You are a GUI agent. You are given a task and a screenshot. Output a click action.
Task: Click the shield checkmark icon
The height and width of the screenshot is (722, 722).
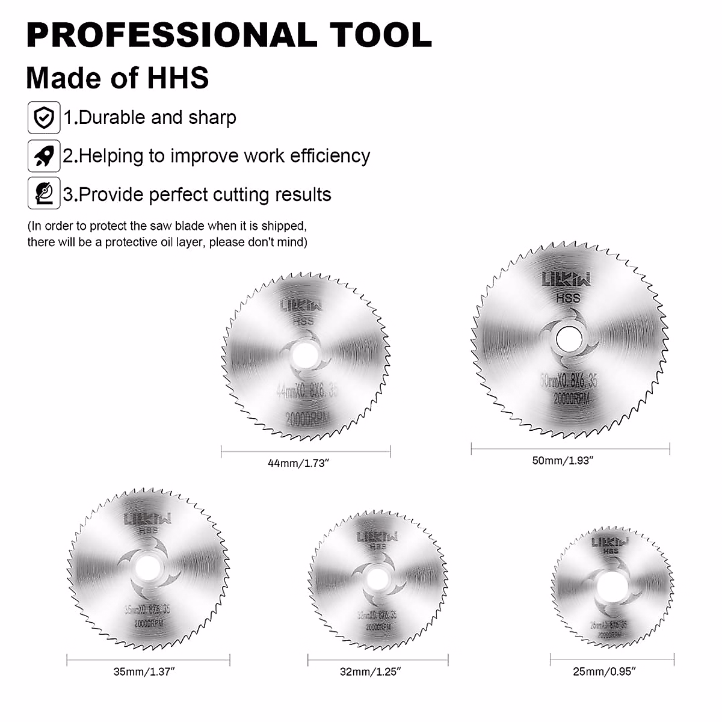44,117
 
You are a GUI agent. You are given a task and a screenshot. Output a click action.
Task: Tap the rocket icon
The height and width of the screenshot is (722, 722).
44,156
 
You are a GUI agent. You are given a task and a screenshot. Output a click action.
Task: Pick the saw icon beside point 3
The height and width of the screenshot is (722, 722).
44,194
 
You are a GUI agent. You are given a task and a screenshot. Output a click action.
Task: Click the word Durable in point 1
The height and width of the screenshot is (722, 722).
113,117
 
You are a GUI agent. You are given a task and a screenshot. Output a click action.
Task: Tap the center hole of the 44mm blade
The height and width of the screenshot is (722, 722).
304,356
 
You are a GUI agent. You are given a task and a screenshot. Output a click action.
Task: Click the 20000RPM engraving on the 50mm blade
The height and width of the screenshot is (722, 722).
572,398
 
